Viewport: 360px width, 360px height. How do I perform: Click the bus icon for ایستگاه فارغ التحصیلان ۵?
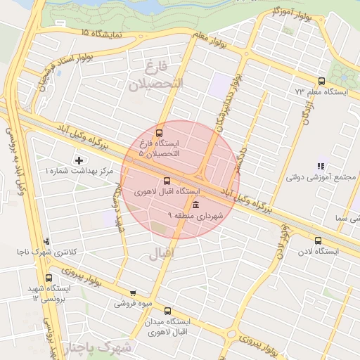[x=159, y=132]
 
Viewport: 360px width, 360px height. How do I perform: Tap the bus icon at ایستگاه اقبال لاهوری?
[x=167, y=180]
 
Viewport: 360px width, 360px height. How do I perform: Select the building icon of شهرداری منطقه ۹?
[x=195, y=205]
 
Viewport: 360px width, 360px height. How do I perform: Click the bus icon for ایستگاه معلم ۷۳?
[x=321, y=81]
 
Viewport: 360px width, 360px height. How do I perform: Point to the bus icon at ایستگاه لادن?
[x=318, y=240]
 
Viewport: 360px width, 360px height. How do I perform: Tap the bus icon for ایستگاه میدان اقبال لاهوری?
[x=167, y=310]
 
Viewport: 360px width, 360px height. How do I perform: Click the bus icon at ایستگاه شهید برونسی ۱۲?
[x=48, y=278]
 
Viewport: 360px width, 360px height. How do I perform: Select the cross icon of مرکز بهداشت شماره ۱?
[x=79, y=161]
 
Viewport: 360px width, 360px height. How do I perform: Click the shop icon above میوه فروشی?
[x=133, y=293]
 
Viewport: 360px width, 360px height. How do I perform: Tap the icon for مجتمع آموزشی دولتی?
[x=321, y=167]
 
